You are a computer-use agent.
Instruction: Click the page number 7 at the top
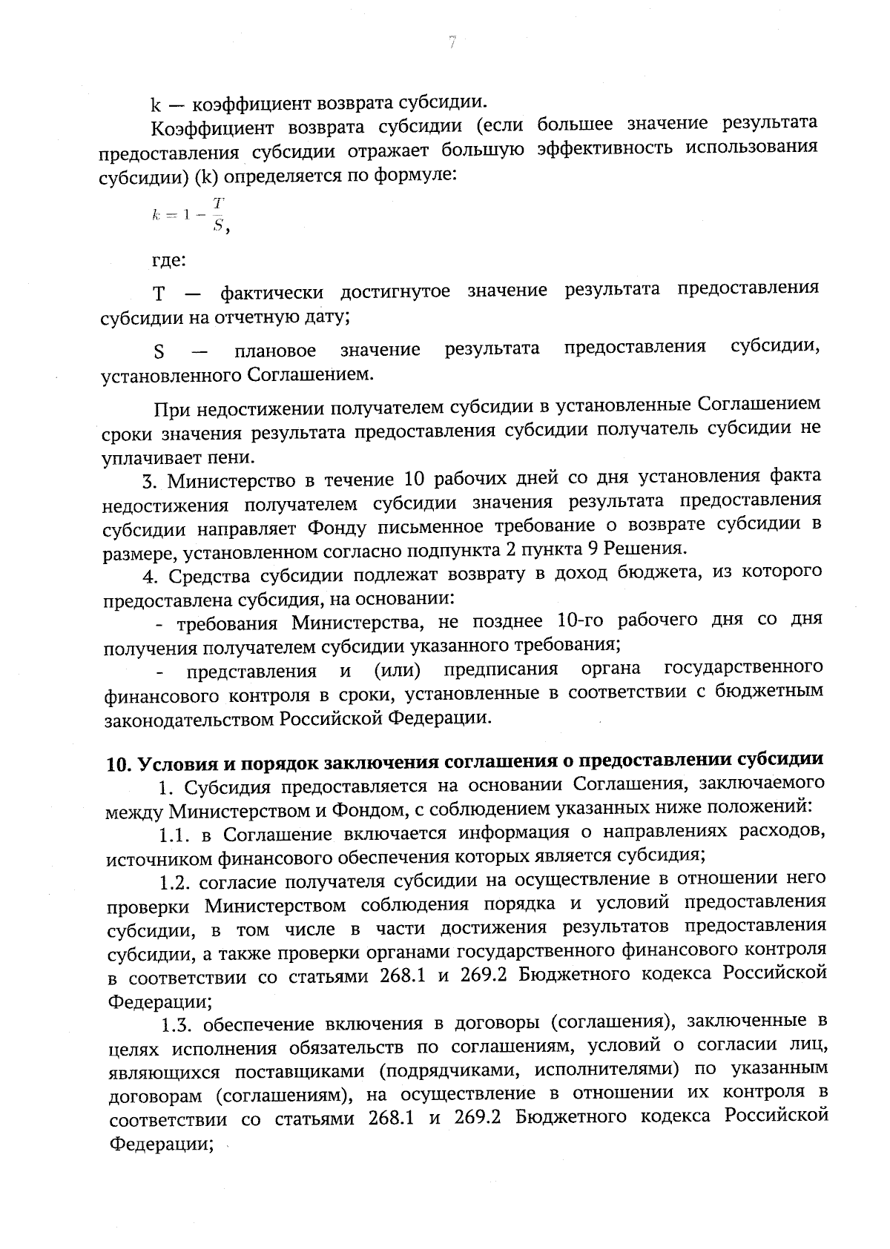pos(451,43)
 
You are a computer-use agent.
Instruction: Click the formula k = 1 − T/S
pos(190,215)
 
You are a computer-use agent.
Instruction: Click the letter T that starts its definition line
pos(158,294)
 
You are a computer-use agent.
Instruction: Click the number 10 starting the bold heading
pos(119,764)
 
